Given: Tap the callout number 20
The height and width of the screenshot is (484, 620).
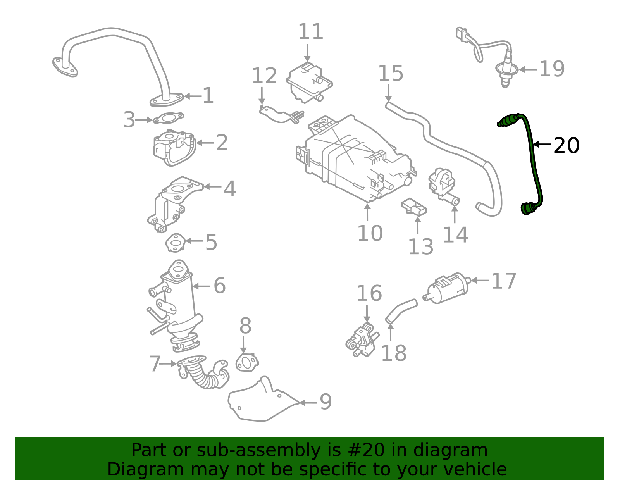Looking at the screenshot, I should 566,145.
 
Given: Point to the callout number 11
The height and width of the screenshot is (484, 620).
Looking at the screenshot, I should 310,32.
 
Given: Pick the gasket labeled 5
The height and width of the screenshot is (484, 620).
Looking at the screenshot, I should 175,243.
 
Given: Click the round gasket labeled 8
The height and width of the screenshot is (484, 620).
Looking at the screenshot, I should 246,363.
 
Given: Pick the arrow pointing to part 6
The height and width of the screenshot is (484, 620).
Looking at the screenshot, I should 201,286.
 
